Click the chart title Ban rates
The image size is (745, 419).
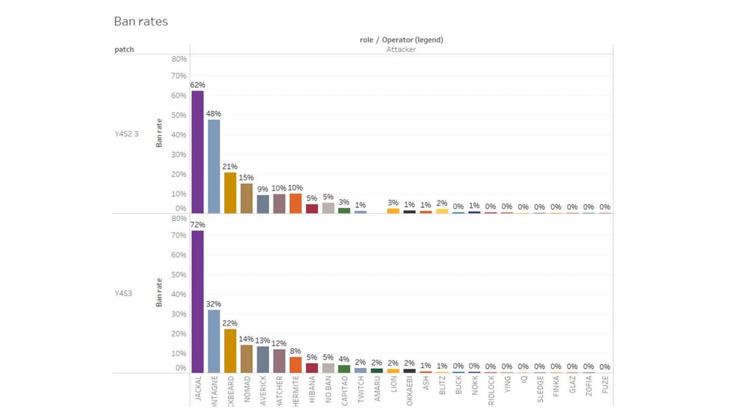(141, 22)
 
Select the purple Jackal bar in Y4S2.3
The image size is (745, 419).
(197, 152)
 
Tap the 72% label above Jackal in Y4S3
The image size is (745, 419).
(197, 224)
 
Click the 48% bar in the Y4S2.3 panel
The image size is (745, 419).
(214, 166)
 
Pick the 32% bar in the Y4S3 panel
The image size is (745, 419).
(214, 341)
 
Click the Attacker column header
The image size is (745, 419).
(401, 50)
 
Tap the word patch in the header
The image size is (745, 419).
(124, 50)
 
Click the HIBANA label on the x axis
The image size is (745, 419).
(312, 389)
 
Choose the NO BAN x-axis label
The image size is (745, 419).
(328, 389)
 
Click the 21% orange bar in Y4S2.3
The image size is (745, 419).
(230, 193)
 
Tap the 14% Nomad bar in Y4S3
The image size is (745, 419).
(246, 358)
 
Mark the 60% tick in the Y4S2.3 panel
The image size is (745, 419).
(179, 96)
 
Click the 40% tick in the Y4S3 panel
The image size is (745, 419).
(179, 294)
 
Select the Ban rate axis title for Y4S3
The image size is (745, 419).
(159, 292)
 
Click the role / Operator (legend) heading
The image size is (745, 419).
(401, 40)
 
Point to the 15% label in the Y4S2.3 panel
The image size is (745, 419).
(246, 178)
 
